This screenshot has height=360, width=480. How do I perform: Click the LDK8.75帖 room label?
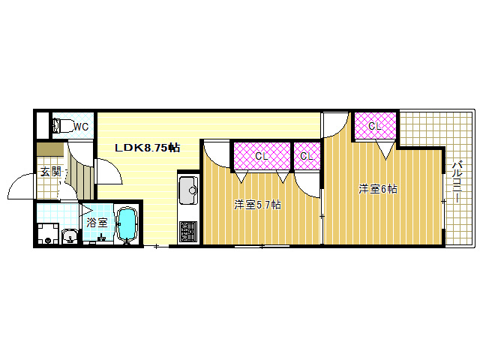tap(147, 148)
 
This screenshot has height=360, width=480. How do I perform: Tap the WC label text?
tap(81, 127)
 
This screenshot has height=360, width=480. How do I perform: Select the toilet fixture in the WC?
tap(63, 125)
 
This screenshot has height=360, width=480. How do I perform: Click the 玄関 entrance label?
tap(51, 172)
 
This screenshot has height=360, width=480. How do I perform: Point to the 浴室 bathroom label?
tap(97, 223)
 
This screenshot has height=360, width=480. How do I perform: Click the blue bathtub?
tap(127, 224)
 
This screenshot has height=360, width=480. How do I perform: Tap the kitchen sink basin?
tap(188, 190)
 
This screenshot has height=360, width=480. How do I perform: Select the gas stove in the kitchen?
tap(188, 232)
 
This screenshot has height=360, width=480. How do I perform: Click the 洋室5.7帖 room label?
tap(257, 205)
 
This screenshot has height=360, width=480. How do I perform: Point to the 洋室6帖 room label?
tap(378, 189)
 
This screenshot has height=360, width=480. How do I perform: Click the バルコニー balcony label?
tap(457, 181)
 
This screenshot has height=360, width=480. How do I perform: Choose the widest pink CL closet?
tap(262, 156)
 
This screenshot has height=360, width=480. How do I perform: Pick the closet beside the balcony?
tap(375, 126)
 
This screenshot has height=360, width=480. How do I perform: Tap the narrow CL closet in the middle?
tap(307, 156)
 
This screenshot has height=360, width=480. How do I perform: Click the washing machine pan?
tap(48, 233)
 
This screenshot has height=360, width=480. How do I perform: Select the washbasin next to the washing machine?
tap(70, 236)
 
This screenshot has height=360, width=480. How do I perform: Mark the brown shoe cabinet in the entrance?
tap(50, 149)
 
